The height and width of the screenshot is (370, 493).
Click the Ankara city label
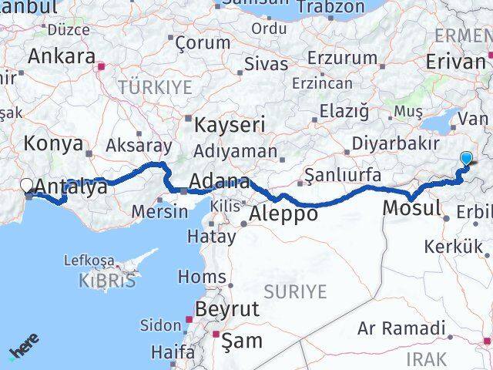pyautogui.click(x=62, y=56)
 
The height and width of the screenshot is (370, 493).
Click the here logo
pyautogui.click(x=22, y=351)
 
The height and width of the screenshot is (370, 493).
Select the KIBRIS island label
pyautogui.click(x=107, y=281)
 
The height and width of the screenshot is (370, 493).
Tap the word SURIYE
pyautogui.click(x=295, y=291)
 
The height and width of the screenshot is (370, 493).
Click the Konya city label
pyautogui.click(x=53, y=143)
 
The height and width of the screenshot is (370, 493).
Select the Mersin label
pyautogui.click(x=160, y=210)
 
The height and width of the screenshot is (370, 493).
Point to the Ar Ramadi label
pyautogui.click(x=401, y=328)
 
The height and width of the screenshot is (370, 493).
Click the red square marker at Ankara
pyautogui.click(x=100, y=66)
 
